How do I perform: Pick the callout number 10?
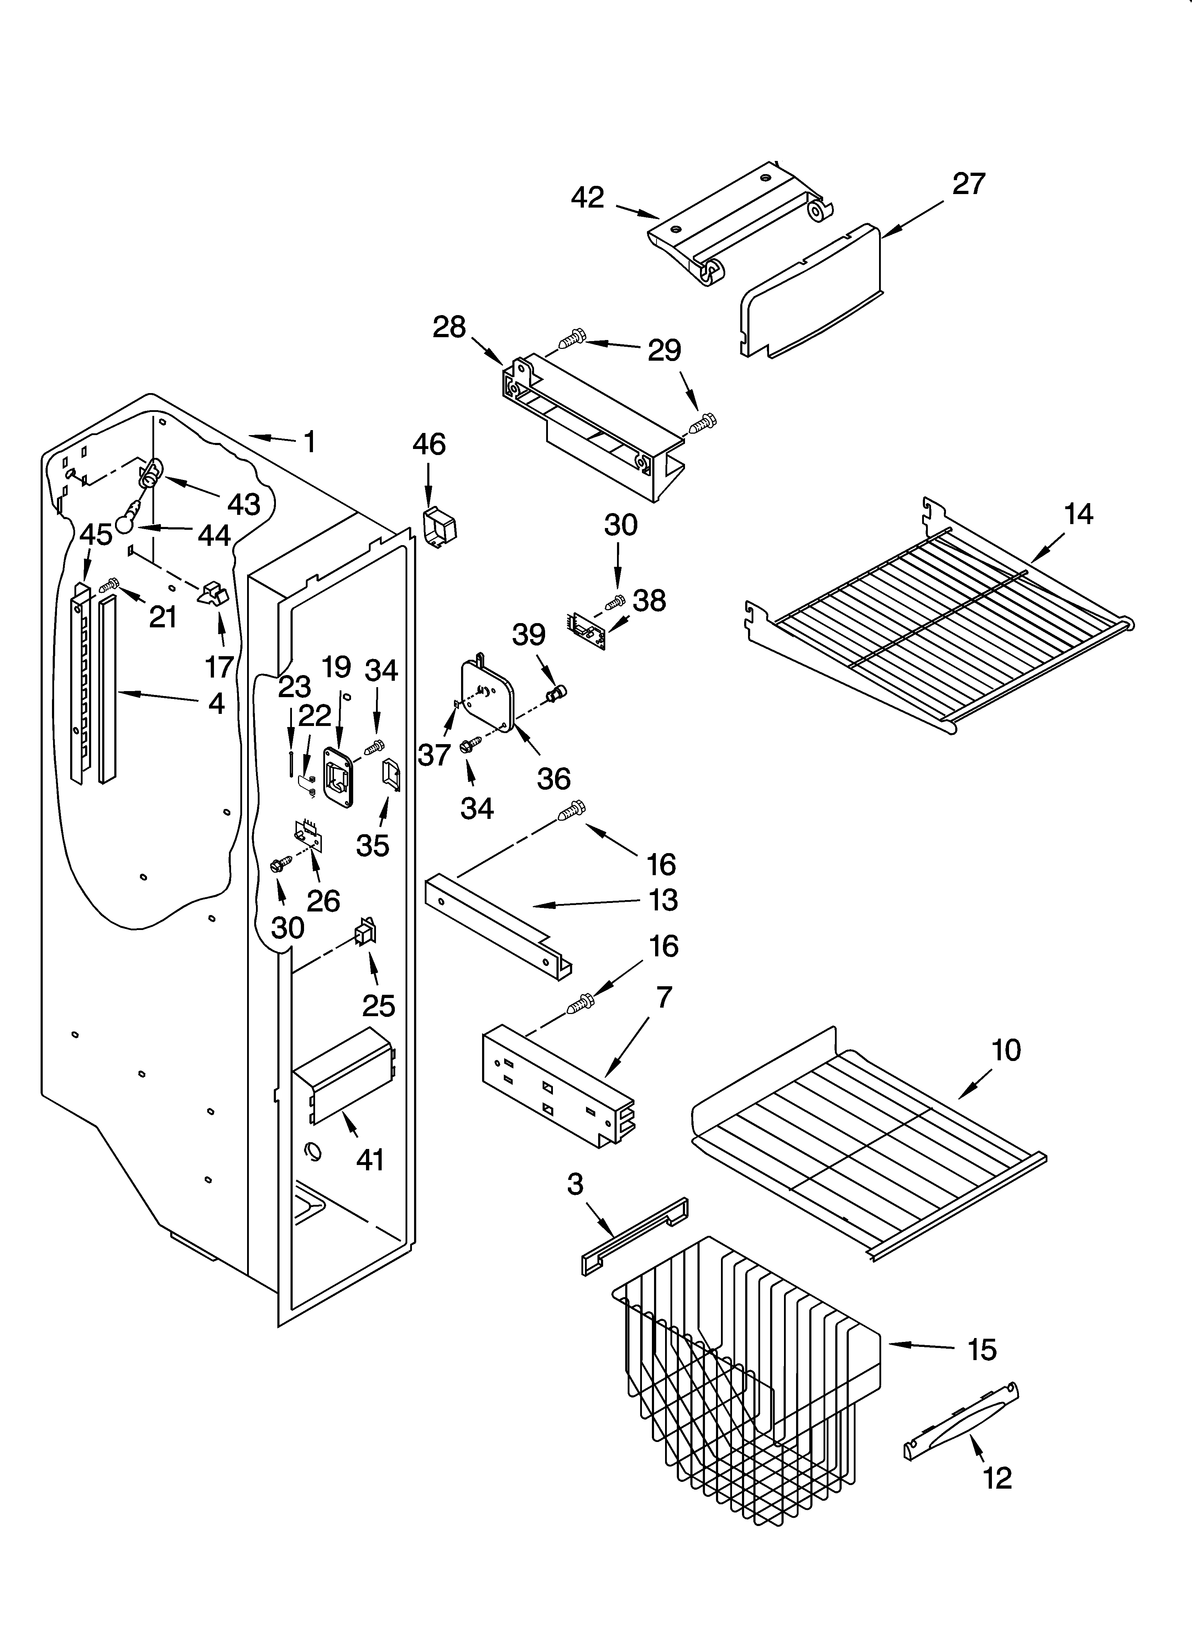coord(1006,1050)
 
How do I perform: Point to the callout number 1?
coord(310,441)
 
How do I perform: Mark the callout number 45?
coord(96,535)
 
